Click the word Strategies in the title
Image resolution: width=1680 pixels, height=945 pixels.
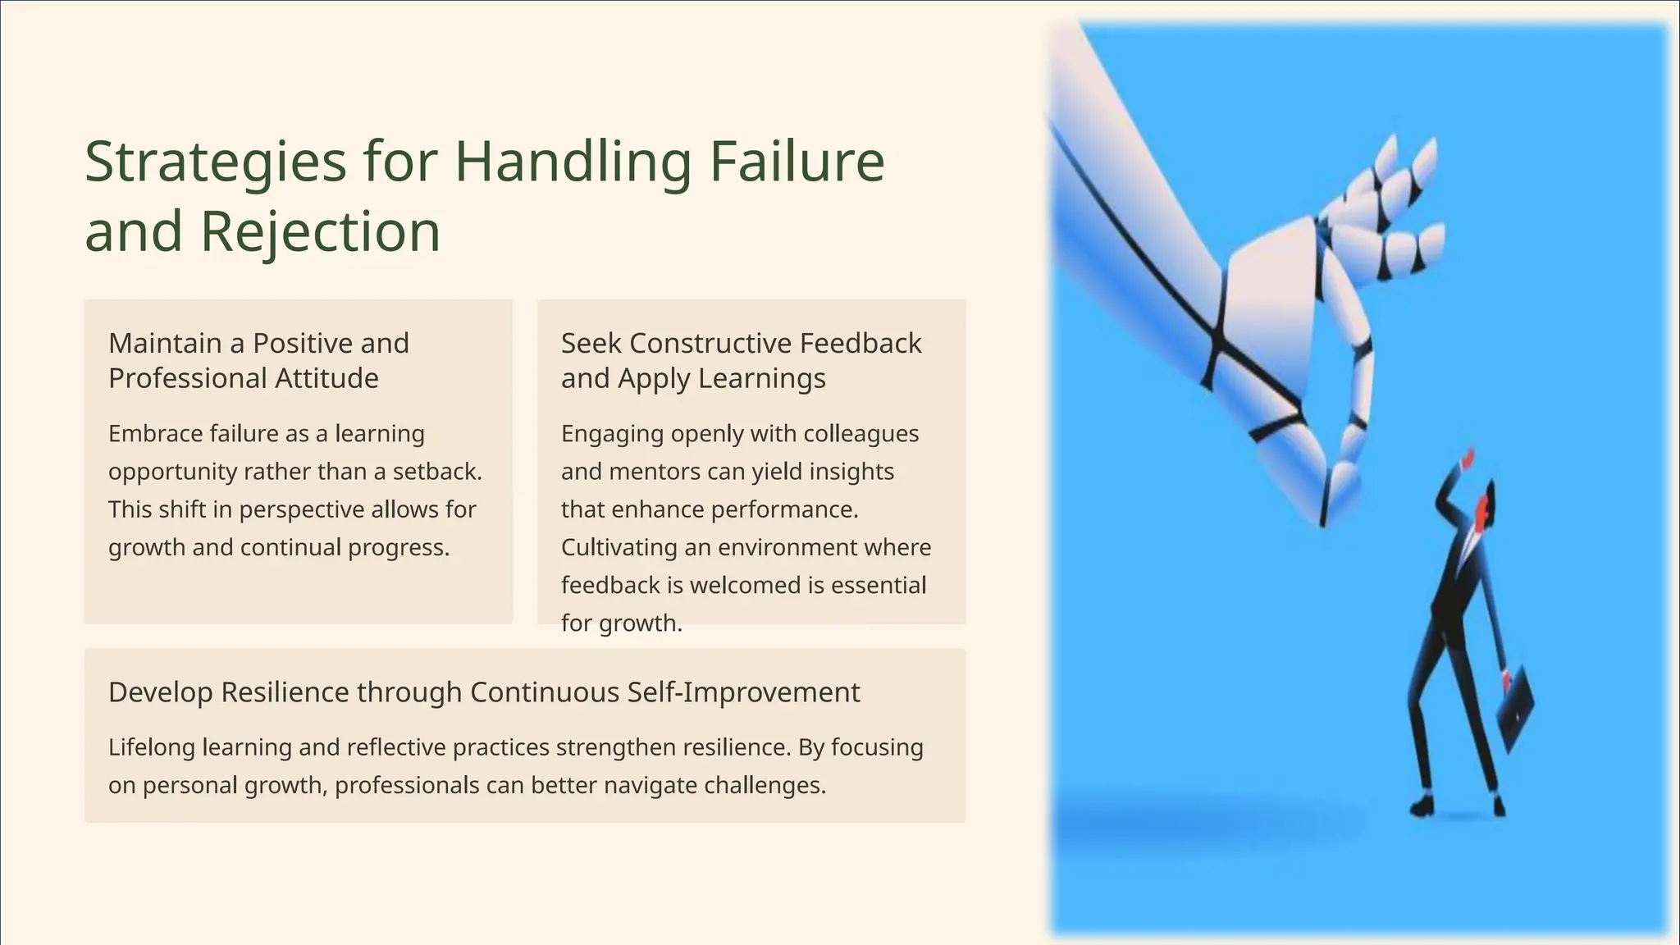tap(216, 162)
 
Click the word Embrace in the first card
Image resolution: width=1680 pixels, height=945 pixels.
tap(154, 433)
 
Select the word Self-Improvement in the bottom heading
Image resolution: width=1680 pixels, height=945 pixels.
tap(743, 692)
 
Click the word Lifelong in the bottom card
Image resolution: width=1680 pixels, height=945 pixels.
tap(152, 747)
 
